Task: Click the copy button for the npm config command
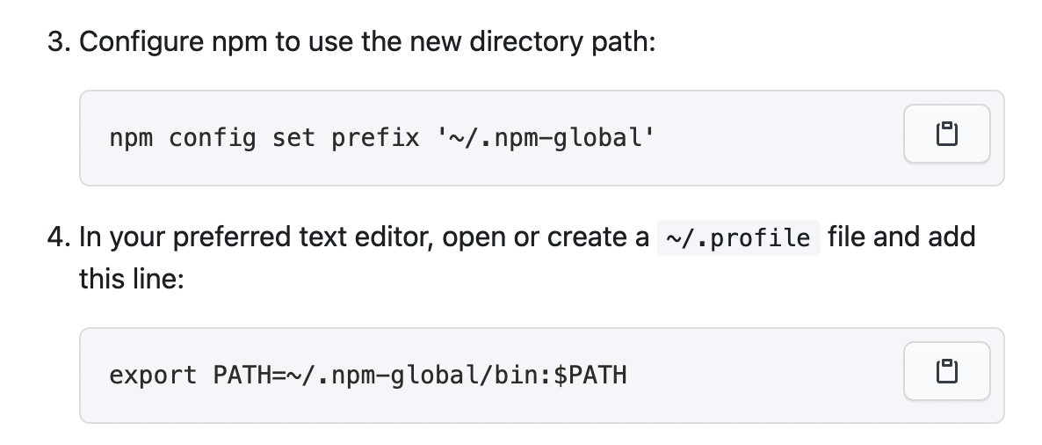(x=946, y=135)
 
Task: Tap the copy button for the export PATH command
(x=946, y=371)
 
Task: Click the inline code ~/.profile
(x=738, y=238)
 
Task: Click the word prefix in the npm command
(x=375, y=138)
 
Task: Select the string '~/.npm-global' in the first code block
(x=546, y=138)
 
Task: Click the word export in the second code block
(x=153, y=376)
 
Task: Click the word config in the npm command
(x=212, y=138)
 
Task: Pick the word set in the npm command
(x=293, y=138)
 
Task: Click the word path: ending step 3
(x=625, y=42)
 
